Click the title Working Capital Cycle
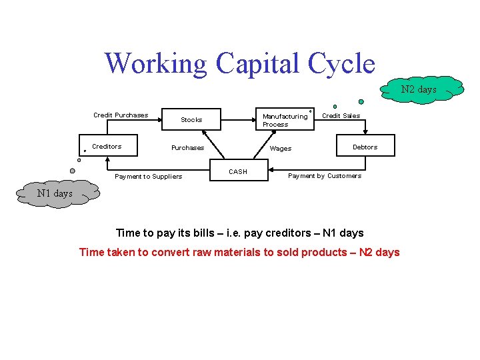[x=240, y=64]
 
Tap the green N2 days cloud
[x=419, y=89]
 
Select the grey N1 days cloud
[x=54, y=193]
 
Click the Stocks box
[x=191, y=120]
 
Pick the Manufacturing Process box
[x=285, y=120]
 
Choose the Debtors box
[x=365, y=147]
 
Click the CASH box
[x=238, y=171]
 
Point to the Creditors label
[x=107, y=146]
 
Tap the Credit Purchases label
[x=121, y=115]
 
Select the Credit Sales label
[x=341, y=115]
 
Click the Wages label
[x=281, y=149]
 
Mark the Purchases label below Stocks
[x=187, y=148]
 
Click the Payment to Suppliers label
[x=148, y=177]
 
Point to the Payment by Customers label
[x=325, y=176]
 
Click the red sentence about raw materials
[x=239, y=252]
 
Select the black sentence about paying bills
[x=240, y=233]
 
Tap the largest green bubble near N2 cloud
[x=361, y=102]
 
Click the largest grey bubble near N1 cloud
[x=73, y=171]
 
